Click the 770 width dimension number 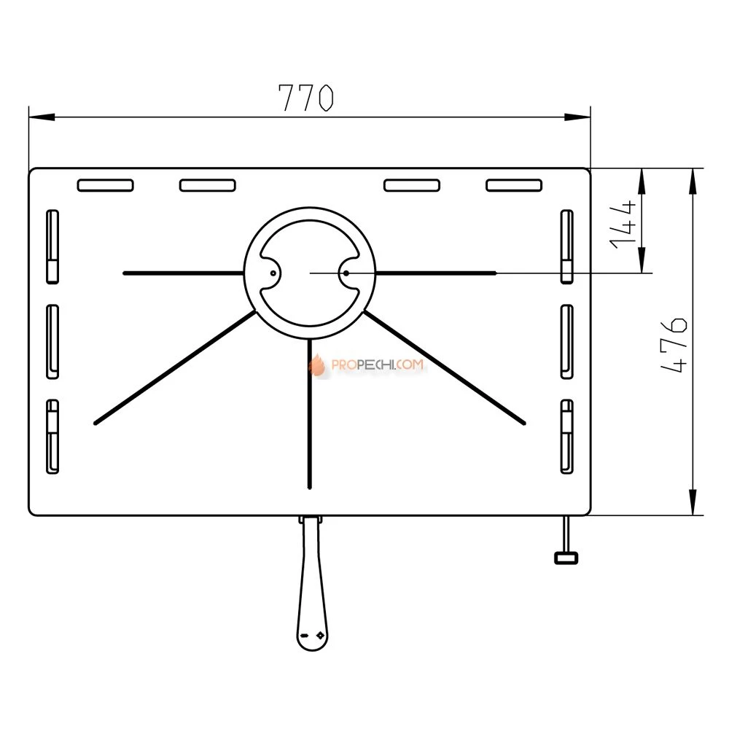tap(305, 98)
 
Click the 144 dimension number tap(623, 225)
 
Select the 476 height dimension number tap(674, 345)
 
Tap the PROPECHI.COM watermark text tap(377, 364)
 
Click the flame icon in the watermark tap(317, 364)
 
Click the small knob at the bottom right tap(566, 558)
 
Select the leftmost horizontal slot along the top tap(106, 185)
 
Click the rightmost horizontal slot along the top tap(514, 185)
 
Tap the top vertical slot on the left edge tap(52, 246)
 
